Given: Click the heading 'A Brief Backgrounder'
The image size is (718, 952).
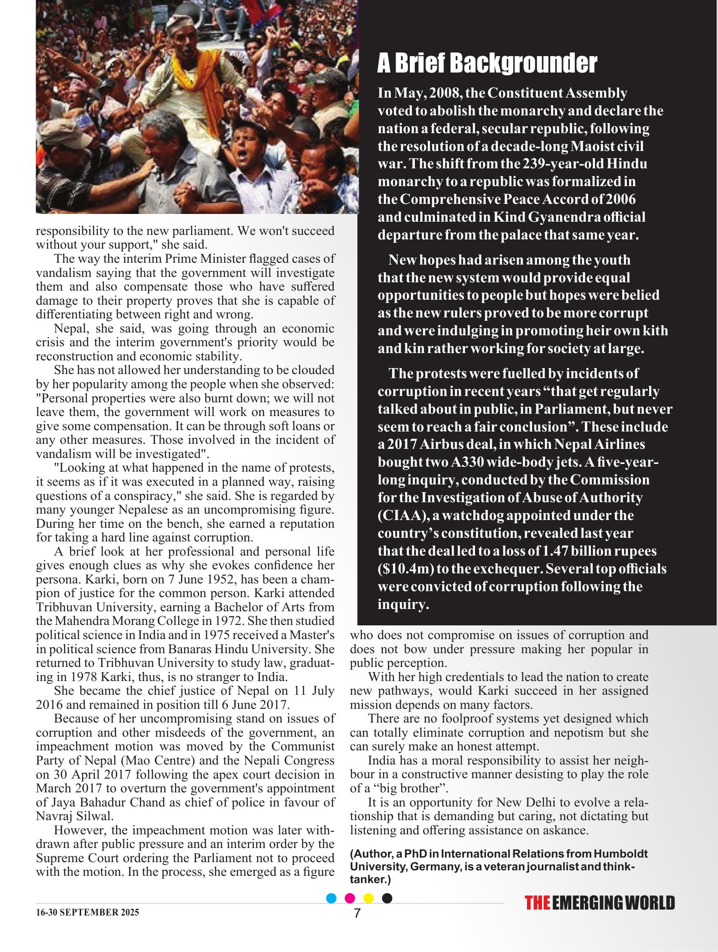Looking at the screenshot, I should point(487,63).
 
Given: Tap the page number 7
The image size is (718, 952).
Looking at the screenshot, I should point(357,914).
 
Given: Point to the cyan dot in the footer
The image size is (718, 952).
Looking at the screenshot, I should point(332,898).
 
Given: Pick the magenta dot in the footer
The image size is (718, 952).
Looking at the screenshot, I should point(350,898).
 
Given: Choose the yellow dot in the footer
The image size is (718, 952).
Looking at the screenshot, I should point(368,898).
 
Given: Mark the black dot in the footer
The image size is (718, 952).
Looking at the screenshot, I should point(387,898).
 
